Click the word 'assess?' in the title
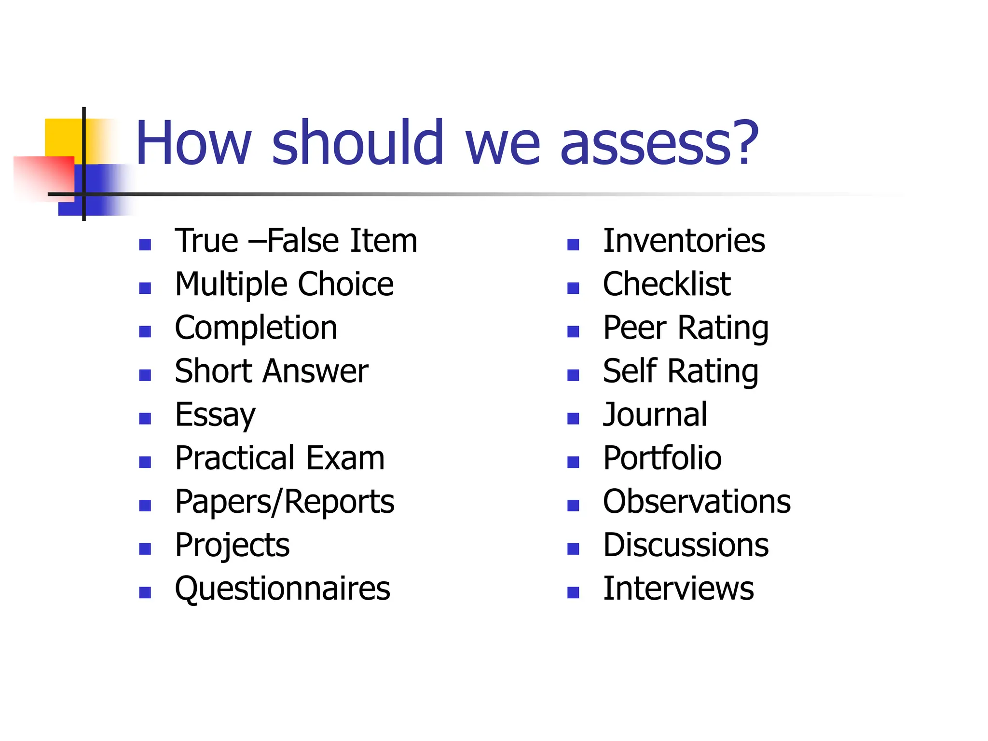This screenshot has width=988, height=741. tap(659, 143)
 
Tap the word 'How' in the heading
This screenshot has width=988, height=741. tap(193, 143)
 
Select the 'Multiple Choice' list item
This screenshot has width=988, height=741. tap(284, 284)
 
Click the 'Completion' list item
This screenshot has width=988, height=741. tap(256, 328)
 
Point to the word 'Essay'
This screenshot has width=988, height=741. tap(215, 415)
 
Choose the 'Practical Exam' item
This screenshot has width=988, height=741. tap(280, 458)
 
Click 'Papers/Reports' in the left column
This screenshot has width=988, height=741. tap(285, 502)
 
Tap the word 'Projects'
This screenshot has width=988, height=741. tap(232, 545)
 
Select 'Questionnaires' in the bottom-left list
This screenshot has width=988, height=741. tap(282, 589)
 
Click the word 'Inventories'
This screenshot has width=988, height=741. tap(684, 241)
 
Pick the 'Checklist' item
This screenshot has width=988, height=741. tap(667, 284)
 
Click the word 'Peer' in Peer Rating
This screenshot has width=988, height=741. tap(635, 328)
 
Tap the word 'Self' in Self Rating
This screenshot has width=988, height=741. tap(630, 371)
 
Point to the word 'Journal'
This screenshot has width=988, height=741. tap(655, 415)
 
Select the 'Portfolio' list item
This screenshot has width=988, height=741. tap(662, 458)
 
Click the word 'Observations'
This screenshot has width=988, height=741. tap(697, 502)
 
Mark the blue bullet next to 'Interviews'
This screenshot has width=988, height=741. tap(573, 592)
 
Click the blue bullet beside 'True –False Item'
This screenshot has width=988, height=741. tap(145, 245)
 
